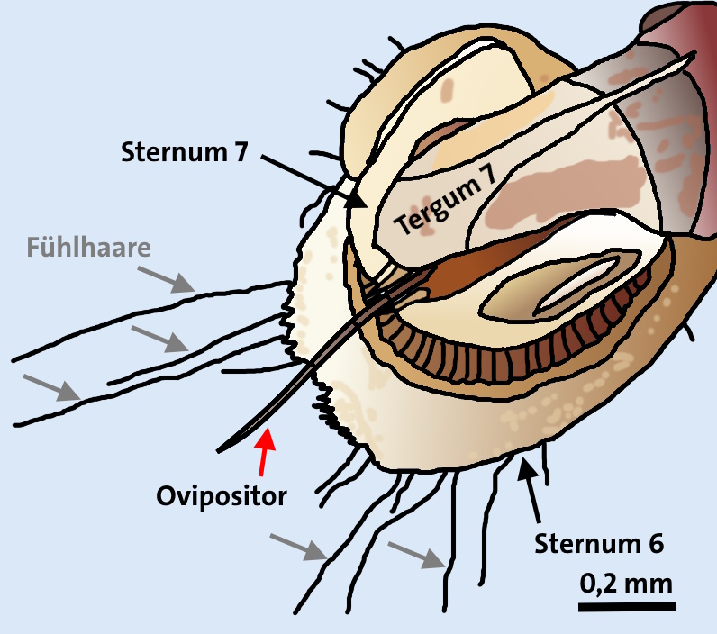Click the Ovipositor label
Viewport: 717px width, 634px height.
[x=221, y=495]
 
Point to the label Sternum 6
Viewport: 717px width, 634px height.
[x=599, y=544]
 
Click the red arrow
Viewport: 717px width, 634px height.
[x=263, y=451]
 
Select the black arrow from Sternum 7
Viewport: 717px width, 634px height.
[x=314, y=181]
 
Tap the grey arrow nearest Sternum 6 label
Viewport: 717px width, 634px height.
[x=418, y=555]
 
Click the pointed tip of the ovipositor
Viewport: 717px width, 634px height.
[x=222, y=448]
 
